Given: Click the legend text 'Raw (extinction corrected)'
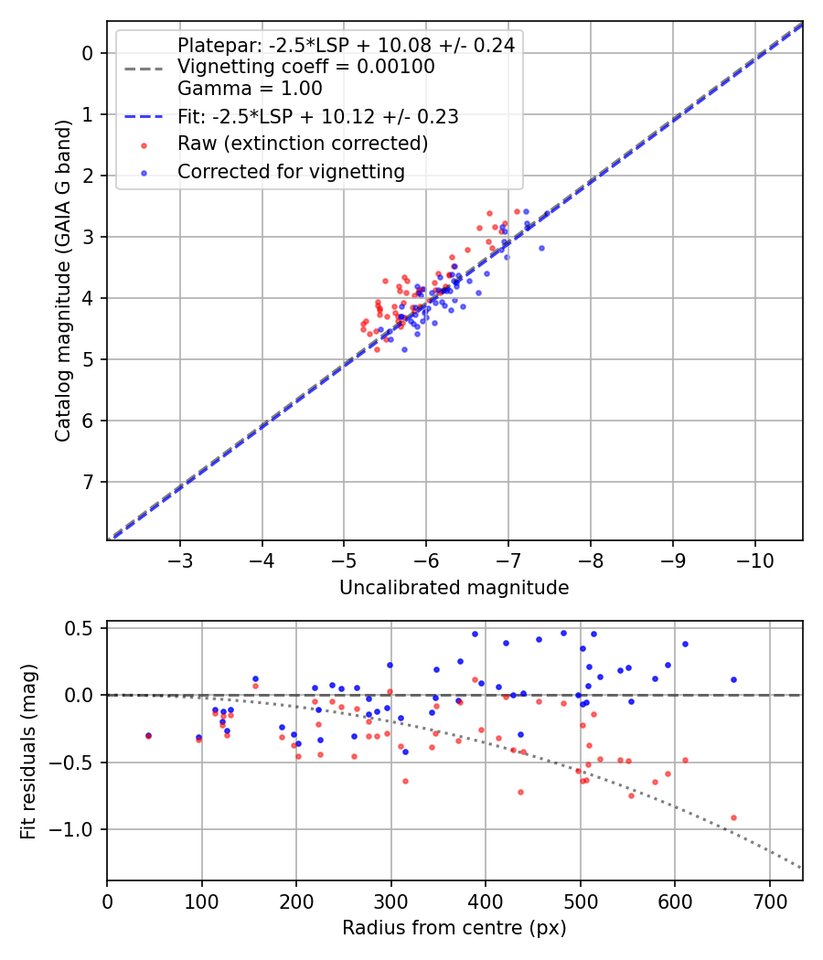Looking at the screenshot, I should pyautogui.click(x=303, y=144).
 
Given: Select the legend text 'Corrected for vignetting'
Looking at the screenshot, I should pyautogui.click(x=291, y=171).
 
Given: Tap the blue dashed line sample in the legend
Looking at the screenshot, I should pyautogui.click(x=144, y=117).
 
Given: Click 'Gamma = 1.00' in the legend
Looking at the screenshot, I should pyautogui.click(x=250, y=89).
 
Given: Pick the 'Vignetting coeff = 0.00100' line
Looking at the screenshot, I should pyautogui.click(x=305, y=67).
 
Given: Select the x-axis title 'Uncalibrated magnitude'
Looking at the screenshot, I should pyautogui.click(x=454, y=588).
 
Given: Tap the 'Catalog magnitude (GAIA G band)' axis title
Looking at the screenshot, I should pyautogui.click(x=62, y=279).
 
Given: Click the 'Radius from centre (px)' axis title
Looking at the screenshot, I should pyautogui.click(x=454, y=928).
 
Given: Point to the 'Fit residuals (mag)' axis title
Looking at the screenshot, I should pyautogui.click(x=28, y=750).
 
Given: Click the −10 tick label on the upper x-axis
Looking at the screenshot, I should pyautogui.click(x=754, y=560).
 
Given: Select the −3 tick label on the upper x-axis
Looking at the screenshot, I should pyautogui.click(x=180, y=560).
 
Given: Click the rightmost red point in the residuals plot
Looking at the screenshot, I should pyautogui.click(x=733, y=817).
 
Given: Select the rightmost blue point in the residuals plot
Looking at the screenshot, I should pyautogui.click(x=733, y=679).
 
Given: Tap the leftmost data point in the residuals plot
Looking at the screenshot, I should pyautogui.click(x=148, y=735).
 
